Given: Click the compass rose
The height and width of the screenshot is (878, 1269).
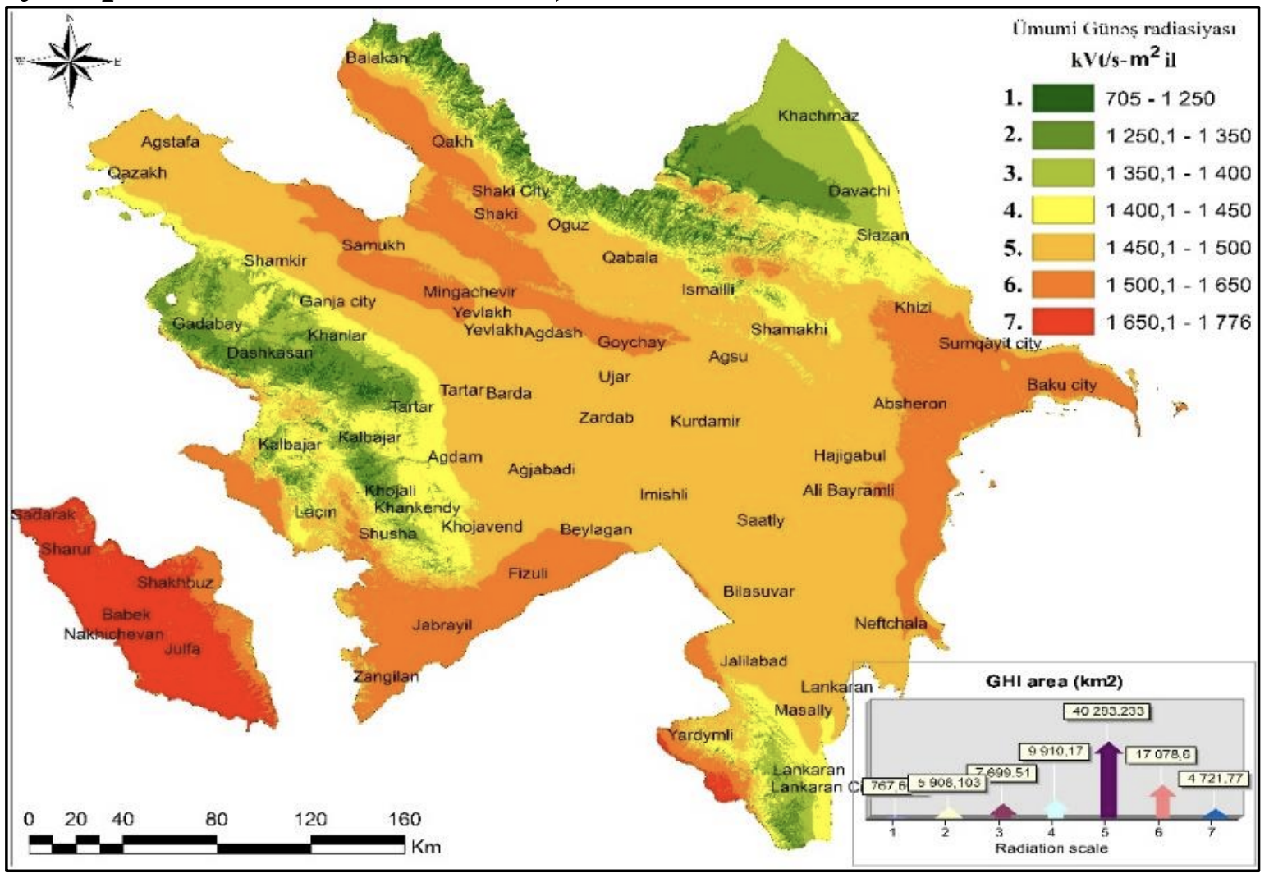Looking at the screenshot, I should pyautogui.click(x=71, y=62).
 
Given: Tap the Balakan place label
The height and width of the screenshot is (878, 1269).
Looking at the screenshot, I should pyautogui.click(x=376, y=57).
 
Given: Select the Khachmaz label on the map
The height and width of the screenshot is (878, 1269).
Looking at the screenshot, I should pyautogui.click(x=818, y=116).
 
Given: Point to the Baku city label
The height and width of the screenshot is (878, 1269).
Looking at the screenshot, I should pyautogui.click(x=1061, y=385).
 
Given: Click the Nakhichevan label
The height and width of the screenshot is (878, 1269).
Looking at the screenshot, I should pyautogui.click(x=113, y=634).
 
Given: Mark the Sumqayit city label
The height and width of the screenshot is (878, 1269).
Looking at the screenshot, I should pyautogui.click(x=989, y=343).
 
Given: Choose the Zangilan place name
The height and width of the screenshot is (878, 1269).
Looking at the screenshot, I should pyautogui.click(x=386, y=677).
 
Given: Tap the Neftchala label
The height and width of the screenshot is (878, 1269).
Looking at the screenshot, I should pyautogui.click(x=891, y=623).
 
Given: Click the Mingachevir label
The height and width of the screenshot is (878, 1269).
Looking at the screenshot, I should pyautogui.click(x=470, y=292).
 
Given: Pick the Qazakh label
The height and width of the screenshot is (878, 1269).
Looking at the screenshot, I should pyautogui.click(x=137, y=173).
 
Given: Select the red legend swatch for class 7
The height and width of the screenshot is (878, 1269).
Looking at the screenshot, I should pyautogui.click(x=1063, y=322).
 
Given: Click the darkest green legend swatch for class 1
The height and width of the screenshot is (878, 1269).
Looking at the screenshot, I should pyautogui.click(x=1063, y=98).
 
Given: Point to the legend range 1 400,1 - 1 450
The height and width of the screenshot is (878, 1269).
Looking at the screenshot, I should pyautogui.click(x=1178, y=211).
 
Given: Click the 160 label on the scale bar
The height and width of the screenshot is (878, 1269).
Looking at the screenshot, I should pyautogui.click(x=404, y=819).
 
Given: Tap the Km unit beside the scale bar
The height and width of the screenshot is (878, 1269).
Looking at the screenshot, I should pyautogui.click(x=426, y=846).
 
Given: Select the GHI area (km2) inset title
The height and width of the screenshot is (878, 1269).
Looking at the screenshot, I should pyautogui.click(x=1053, y=681).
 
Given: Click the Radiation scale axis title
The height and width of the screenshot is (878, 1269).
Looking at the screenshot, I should pyautogui.click(x=1051, y=848).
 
